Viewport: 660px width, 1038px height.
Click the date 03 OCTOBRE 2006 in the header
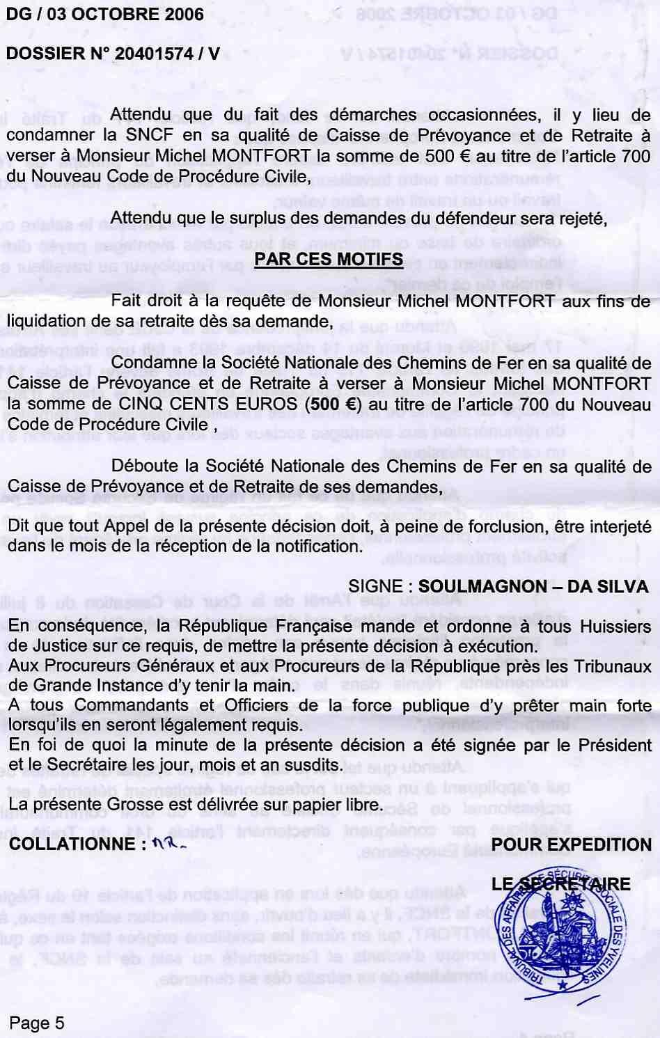click(x=125, y=14)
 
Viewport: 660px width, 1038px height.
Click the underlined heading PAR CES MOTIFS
click(x=329, y=260)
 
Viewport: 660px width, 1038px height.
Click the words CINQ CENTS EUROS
click(x=217, y=404)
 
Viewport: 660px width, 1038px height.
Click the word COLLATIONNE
click(x=73, y=844)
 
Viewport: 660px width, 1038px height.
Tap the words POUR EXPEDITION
click(x=572, y=844)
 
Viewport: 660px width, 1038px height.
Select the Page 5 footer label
click(x=36, y=1023)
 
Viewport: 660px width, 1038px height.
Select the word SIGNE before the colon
click(x=375, y=586)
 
